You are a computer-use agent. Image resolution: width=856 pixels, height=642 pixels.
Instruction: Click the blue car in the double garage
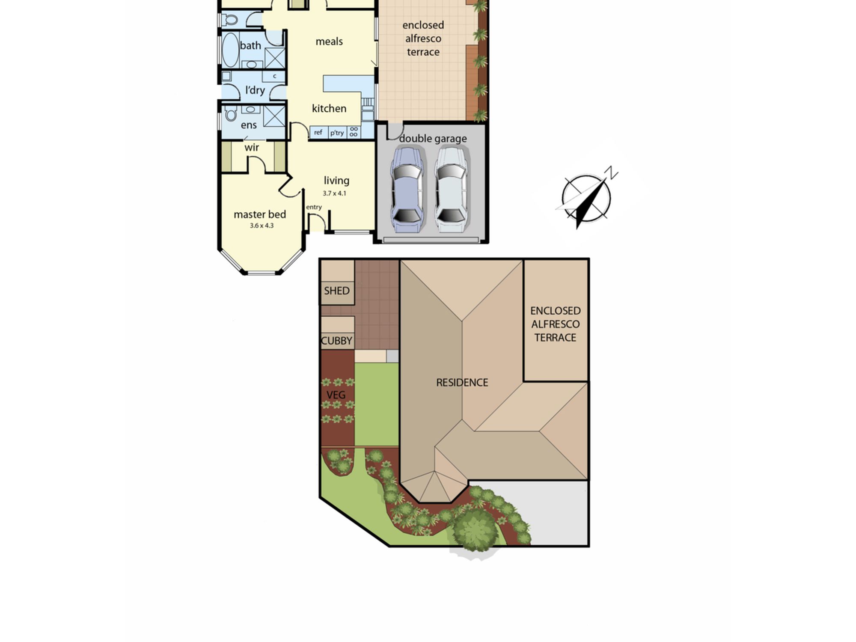point(407,190)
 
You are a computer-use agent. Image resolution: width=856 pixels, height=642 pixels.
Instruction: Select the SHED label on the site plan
point(337,291)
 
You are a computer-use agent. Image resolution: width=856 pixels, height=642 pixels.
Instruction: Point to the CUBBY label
point(337,341)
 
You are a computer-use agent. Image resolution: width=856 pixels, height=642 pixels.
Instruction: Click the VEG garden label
point(336,395)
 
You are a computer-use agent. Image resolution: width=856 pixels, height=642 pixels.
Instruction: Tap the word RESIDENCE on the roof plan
point(462,383)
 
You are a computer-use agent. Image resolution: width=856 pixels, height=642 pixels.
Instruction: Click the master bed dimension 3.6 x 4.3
point(262,226)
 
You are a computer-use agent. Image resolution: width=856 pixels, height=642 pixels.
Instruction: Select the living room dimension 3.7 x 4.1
point(334,193)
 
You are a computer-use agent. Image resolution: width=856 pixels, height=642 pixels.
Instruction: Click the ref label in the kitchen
point(318,132)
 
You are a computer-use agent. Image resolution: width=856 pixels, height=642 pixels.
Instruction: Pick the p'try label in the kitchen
point(337,133)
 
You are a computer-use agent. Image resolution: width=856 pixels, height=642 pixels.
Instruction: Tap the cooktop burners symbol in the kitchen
point(354,132)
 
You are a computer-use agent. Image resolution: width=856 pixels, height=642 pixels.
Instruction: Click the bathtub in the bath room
point(230,50)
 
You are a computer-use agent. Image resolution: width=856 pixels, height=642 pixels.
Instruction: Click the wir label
point(252,148)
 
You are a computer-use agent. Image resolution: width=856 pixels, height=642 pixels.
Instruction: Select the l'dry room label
point(255,90)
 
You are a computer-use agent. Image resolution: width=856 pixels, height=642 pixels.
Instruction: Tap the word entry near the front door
point(314,207)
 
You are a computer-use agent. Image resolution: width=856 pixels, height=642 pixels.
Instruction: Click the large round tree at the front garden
point(475,530)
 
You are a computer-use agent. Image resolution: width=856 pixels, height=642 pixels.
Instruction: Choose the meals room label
point(329,42)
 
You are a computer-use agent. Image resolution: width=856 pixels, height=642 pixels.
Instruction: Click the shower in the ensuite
point(274,116)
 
